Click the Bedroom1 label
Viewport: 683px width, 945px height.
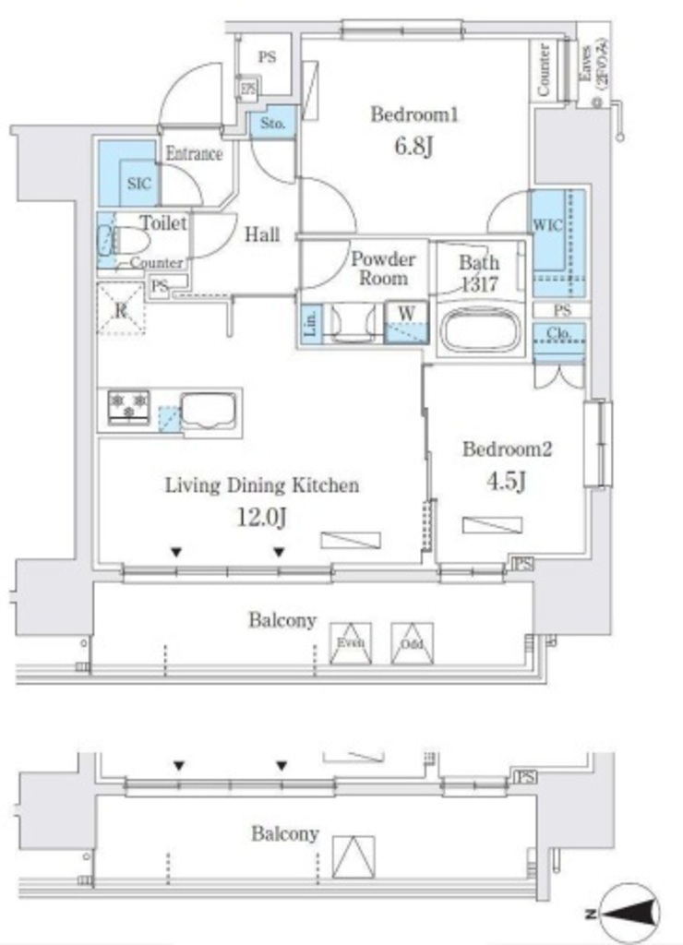tap(414, 115)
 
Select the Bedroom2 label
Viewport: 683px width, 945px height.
tap(507, 450)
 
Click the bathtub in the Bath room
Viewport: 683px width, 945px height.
tap(479, 329)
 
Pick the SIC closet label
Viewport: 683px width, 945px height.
tap(138, 184)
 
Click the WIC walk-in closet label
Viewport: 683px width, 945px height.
tap(547, 226)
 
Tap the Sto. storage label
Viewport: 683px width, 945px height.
tap(272, 123)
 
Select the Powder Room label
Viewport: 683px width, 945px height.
tap(382, 269)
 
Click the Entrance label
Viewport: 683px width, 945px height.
tap(194, 154)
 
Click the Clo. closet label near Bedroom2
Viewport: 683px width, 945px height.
tap(558, 334)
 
